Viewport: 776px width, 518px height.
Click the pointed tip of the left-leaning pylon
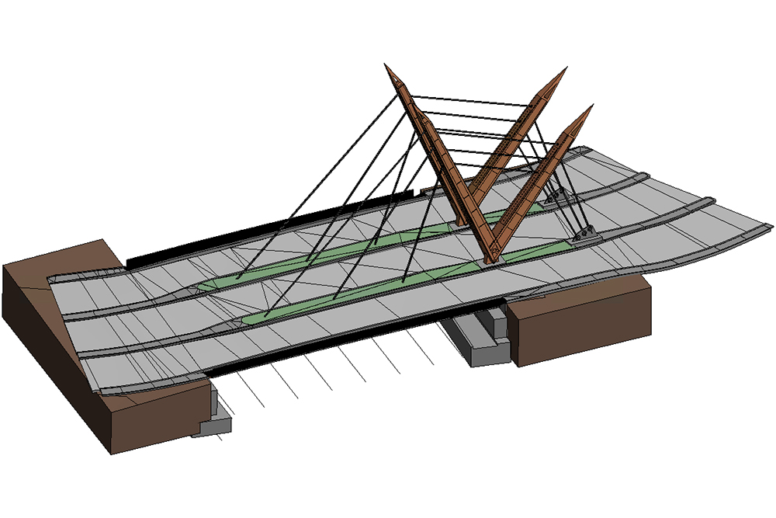pos(387,67)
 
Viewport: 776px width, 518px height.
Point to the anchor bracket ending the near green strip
pos(583,235)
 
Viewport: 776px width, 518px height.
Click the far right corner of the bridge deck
pos(772,226)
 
